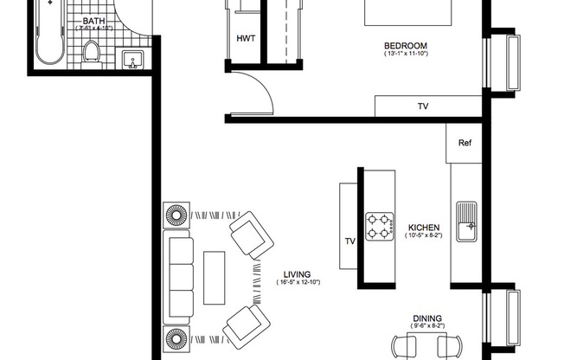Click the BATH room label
[x=95, y=20]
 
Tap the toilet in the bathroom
[x=93, y=54]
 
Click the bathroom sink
[x=133, y=59]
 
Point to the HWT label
[x=245, y=39]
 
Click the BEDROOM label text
[x=406, y=46]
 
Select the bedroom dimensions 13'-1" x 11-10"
[x=406, y=55]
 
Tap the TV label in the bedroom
[x=423, y=106]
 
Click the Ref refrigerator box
[x=465, y=143]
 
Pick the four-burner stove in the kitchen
[x=377, y=228]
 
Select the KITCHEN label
[x=425, y=228]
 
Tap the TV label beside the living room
[x=350, y=241]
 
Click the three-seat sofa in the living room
[x=180, y=277]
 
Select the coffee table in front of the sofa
[x=214, y=276]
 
